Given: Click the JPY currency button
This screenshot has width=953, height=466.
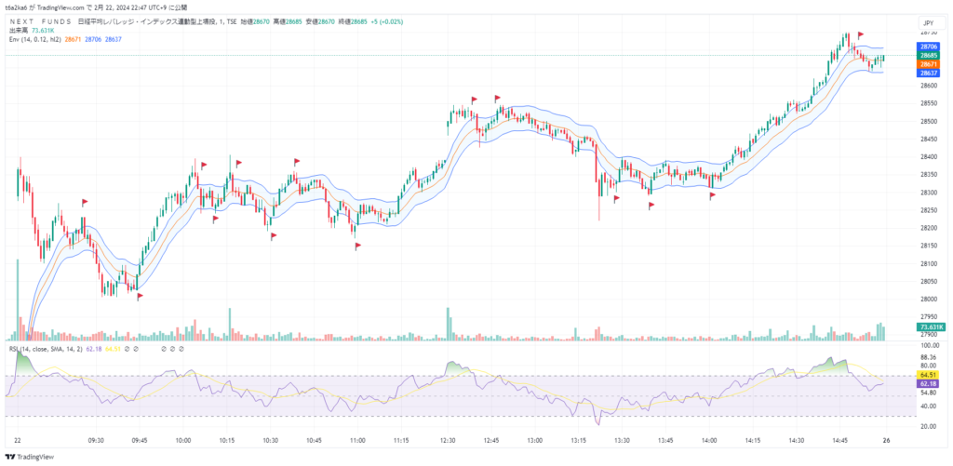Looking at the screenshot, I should point(927,22).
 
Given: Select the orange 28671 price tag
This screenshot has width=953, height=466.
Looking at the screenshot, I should point(928,63).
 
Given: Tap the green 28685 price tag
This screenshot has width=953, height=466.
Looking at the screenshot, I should point(928,55).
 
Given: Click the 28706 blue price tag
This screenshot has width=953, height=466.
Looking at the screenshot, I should point(928,46).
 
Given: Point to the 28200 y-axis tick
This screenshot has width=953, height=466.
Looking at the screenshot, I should point(928,228).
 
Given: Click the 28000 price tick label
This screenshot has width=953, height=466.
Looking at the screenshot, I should point(928,300).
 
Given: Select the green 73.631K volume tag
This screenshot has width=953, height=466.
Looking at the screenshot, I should point(931,327).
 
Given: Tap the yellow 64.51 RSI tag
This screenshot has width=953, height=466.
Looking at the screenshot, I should point(928,375).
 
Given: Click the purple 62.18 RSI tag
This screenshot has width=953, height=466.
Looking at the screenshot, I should point(928,383).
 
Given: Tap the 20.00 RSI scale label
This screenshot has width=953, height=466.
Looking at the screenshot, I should point(928,425).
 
